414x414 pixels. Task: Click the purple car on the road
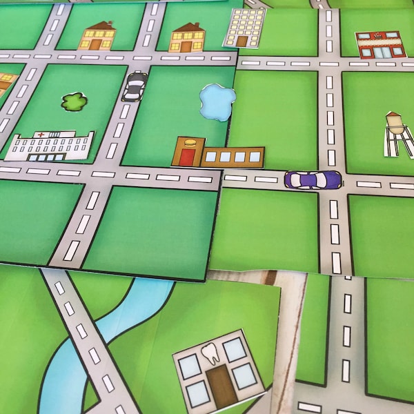coord(313,179)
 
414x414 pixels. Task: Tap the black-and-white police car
coord(135,86)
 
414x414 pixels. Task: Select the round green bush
coord(74,102)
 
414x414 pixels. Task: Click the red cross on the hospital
coord(40,135)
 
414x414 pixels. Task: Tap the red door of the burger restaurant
coord(188,157)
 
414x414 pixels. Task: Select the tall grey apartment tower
coord(244,28)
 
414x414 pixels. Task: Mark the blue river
coord(110,331)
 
